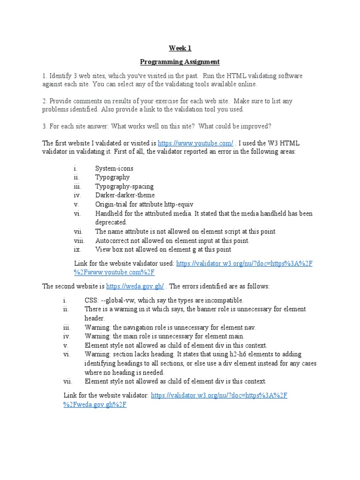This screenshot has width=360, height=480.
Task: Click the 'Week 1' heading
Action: pyautogui.click(x=180, y=48)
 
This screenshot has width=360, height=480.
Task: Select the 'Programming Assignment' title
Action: pyautogui.click(x=180, y=62)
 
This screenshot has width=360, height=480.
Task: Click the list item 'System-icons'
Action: pyautogui.click(x=114, y=168)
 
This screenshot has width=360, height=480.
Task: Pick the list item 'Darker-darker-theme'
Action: pyautogui.click(x=125, y=195)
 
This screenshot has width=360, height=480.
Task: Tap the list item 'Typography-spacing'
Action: pyautogui.click(x=124, y=186)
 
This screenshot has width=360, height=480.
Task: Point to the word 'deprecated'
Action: pyautogui.click(x=111, y=222)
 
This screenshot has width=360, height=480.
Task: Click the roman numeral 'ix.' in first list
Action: pyautogui.click(x=77, y=249)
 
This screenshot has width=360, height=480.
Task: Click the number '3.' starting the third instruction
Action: pyautogui.click(x=45, y=127)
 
